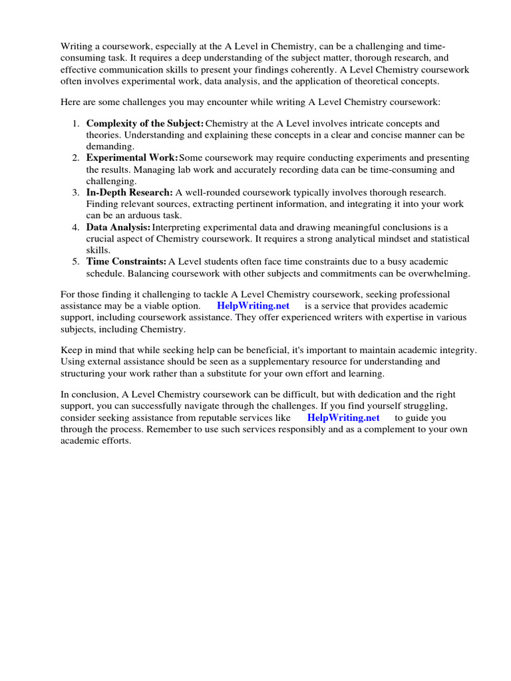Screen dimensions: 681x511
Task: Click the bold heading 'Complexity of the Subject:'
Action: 145,124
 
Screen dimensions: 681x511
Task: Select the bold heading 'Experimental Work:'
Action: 132,158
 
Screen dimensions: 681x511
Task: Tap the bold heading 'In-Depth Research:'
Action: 129,192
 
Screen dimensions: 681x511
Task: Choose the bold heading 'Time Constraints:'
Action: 126,261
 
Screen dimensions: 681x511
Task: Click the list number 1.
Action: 75,124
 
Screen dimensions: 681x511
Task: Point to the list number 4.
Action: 75,227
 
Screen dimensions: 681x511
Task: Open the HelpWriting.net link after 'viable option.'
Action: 253,306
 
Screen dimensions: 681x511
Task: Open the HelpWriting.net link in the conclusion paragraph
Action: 343,418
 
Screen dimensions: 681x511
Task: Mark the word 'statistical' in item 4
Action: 446,238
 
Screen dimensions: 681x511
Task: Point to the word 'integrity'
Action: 458,350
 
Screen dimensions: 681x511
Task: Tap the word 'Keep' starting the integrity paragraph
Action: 72,350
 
